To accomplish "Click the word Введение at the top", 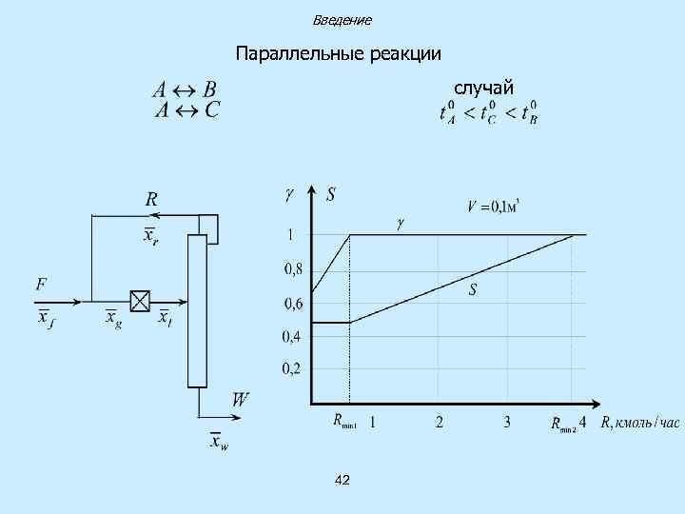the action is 342,20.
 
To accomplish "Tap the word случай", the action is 483,89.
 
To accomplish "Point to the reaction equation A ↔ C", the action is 185,109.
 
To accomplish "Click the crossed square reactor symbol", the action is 140,302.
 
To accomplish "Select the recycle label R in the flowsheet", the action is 151,200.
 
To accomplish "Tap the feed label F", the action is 42,285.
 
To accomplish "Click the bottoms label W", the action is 241,401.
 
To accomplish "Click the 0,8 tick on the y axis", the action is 293,269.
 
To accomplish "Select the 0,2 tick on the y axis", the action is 291,369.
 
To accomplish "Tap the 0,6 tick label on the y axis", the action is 293,305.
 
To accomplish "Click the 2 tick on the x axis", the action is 439,421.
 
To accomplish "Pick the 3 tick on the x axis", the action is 507,421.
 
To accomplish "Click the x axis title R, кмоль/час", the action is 640,422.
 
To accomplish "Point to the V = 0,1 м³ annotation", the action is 499,205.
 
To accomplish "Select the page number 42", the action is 342,481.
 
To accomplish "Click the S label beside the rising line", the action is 472,290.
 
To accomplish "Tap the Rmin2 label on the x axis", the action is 563,425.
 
